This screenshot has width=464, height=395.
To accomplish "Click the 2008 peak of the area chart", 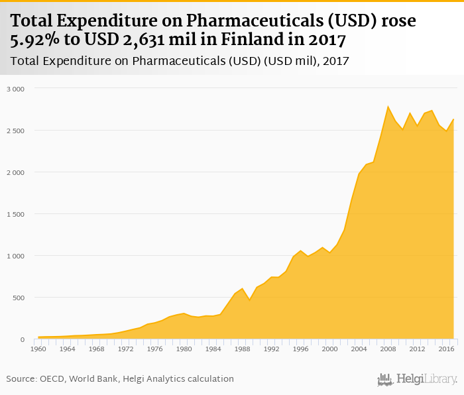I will (x=388, y=106).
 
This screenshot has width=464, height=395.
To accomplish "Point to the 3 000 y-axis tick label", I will (x=15, y=89).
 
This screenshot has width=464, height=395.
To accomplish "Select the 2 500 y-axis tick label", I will (x=15, y=131).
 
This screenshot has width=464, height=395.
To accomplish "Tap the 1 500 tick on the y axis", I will (x=15, y=214).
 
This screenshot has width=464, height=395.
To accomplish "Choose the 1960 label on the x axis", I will (x=38, y=349).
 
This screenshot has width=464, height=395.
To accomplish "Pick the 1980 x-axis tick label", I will (x=184, y=349).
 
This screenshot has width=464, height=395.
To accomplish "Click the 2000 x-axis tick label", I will (x=330, y=349).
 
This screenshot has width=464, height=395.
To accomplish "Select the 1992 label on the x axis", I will (x=272, y=349).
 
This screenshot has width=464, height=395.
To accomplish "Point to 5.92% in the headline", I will (x=34, y=40).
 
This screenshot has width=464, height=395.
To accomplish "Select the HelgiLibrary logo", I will (x=417, y=379).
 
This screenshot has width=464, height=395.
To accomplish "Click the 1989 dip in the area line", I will (x=250, y=300).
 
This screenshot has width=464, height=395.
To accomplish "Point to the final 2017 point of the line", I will (x=453, y=119).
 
